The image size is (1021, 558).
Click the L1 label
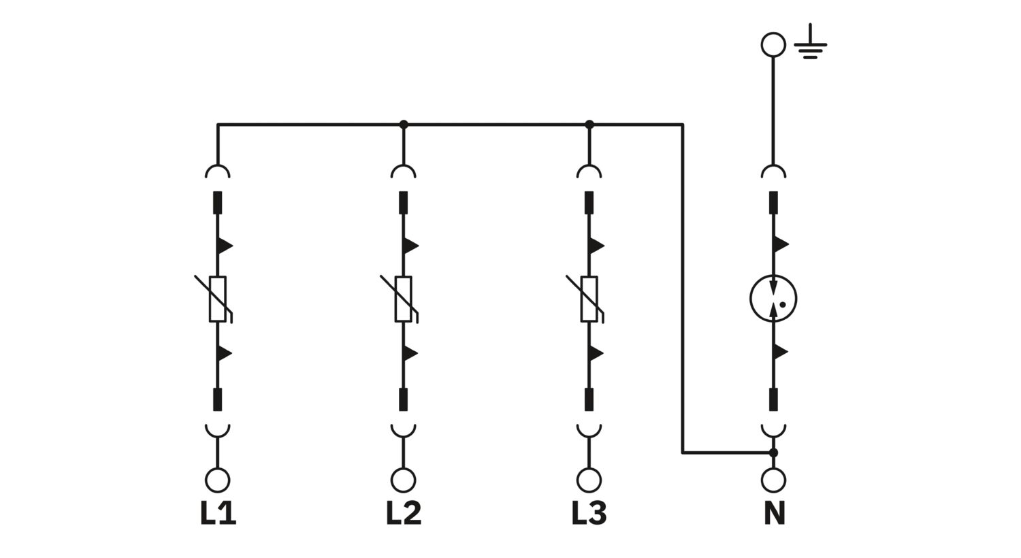pyautogui.click(x=218, y=513)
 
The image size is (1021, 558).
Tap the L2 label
pyautogui.click(x=404, y=513)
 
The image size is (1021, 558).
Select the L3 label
pyautogui.click(x=589, y=513)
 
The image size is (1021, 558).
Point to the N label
pyautogui.click(x=774, y=513)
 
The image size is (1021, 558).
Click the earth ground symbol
pyautogui.click(x=810, y=42)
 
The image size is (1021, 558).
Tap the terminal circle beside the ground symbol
pyautogui.click(x=773, y=45)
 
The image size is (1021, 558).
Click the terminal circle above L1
pyautogui.click(x=217, y=480)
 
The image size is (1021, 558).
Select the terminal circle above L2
pyautogui.click(x=404, y=480)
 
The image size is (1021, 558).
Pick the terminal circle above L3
pyautogui.click(x=589, y=480)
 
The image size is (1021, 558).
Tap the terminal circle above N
pyautogui.click(x=773, y=480)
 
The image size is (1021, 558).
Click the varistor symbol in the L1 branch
pyautogui.click(x=217, y=299)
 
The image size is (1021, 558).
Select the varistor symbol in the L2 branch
pyautogui.click(x=404, y=299)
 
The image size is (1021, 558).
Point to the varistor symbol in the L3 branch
pyautogui.click(x=589, y=299)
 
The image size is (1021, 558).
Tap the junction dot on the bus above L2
pyautogui.click(x=404, y=125)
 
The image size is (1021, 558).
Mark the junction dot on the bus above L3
pyautogui.click(x=589, y=125)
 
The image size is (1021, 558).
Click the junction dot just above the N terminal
pyautogui.click(x=773, y=453)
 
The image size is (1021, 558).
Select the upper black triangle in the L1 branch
pyautogui.click(x=225, y=246)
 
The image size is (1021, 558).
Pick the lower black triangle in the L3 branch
pyautogui.click(x=596, y=353)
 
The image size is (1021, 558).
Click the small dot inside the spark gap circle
pyautogui.click(x=783, y=305)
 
